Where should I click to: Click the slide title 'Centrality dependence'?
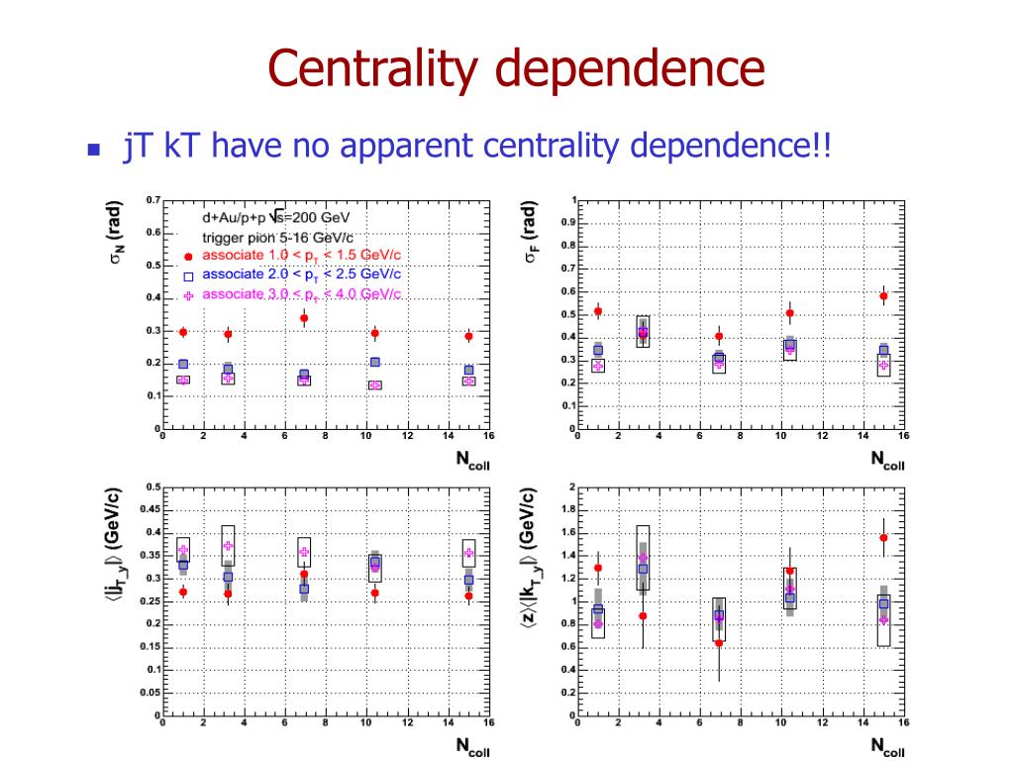pyautogui.click(x=517, y=70)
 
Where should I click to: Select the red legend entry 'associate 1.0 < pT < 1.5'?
pyautogui.click(x=301, y=256)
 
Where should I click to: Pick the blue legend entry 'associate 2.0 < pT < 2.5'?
pyautogui.click(x=301, y=274)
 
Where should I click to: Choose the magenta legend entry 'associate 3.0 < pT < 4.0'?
pyautogui.click(x=301, y=294)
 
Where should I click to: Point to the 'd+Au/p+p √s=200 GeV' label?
pyautogui.click(x=275, y=218)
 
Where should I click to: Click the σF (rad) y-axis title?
pyautogui.click(x=530, y=235)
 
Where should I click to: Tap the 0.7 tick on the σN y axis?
pyautogui.click(x=152, y=200)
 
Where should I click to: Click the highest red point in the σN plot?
pyautogui.click(x=304, y=319)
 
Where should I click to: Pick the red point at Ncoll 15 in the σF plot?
pyautogui.click(x=883, y=296)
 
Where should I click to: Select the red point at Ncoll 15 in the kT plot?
pyautogui.click(x=883, y=538)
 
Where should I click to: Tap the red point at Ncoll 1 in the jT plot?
pyautogui.click(x=183, y=592)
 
